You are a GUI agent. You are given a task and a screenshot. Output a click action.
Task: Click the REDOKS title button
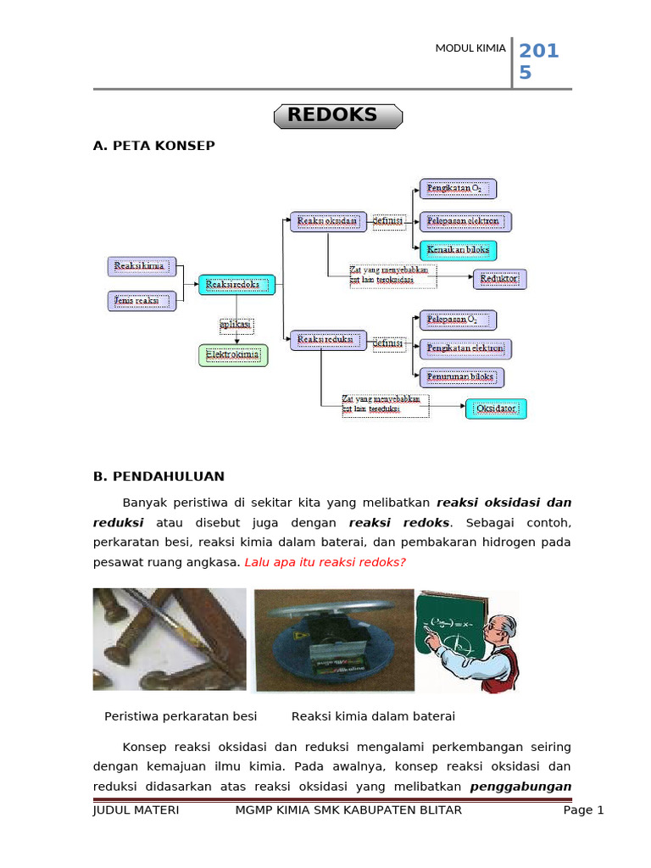click(x=337, y=116)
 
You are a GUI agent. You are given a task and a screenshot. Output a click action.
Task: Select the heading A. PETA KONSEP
click(x=153, y=146)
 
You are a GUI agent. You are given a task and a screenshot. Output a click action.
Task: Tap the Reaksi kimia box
click(x=142, y=267)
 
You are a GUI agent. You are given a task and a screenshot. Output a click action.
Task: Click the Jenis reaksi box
click(x=142, y=300)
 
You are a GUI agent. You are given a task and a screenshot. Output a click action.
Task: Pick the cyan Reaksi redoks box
click(x=237, y=285)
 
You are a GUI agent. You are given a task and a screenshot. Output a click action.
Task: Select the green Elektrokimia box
click(x=233, y=355)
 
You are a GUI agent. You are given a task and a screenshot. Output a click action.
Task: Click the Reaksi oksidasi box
click(x=328, y=221)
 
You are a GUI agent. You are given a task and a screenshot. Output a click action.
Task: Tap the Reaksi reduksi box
click(x=328, y=341)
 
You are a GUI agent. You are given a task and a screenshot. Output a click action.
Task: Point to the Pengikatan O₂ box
click(x=459, y=188)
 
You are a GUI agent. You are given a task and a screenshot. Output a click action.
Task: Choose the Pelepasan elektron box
click(x=466, y=221)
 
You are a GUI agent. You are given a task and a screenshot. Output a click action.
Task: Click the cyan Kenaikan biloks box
click(x=459, y=250)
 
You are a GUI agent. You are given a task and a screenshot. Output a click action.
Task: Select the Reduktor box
click(x=500, y=278)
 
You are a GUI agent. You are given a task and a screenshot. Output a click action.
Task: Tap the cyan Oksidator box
click(x=497, y=409)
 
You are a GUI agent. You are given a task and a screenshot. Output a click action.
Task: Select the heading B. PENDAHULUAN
click(x=159, y=476)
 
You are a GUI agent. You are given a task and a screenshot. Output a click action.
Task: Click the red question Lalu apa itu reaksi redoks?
click(x=325, y=562)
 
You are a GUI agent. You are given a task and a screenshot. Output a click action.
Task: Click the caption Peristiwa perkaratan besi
click(x=181, y=716)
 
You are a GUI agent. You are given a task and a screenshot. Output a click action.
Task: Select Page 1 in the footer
click(x=583, y=810)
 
